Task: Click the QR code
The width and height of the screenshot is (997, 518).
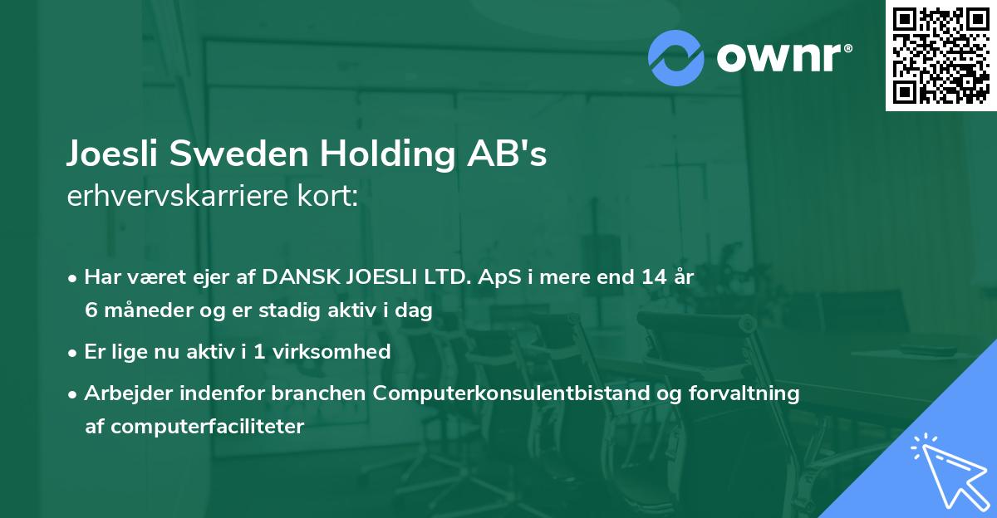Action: (941, 55)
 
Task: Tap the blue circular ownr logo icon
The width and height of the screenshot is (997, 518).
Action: (676, 57)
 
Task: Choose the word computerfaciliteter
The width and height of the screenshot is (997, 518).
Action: (194, 426)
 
